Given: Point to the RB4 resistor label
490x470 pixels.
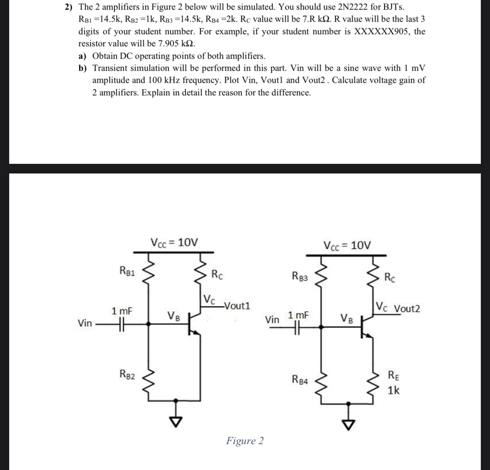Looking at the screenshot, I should pyautogui.click(x=300, y=379).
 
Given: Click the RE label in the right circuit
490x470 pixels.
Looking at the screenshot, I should pyautogui.click(x=393, y=376).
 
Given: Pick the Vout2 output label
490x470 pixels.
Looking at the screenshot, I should pyautogui.click(x=407, y=309).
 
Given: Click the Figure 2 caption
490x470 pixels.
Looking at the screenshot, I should pyautogui.click(x=244, y=441).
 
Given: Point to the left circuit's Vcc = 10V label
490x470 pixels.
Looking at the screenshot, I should pyautogui.click(x=174, y=242).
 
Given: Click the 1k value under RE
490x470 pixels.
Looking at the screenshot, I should pyautogui.click(x=394, y=391).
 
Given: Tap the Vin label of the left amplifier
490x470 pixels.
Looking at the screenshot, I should pyautogui.click(x=85, y=323).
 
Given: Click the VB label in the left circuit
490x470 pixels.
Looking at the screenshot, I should pyautogui.click(x=174, y=315).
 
